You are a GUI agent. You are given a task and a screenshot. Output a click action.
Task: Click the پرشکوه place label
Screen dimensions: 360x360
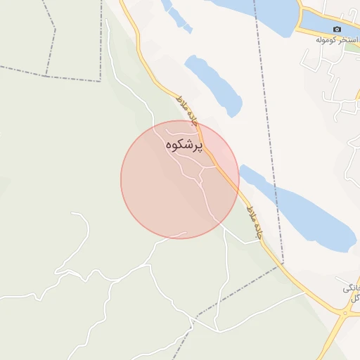pyautogui.click(x=184, y=146)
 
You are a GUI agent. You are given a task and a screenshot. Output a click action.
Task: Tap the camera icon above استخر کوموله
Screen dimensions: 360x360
pyautogui.click(x=337, y=29)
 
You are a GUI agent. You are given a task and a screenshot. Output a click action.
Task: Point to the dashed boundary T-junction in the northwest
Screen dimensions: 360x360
pyautogui.click(x=47, y=75)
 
